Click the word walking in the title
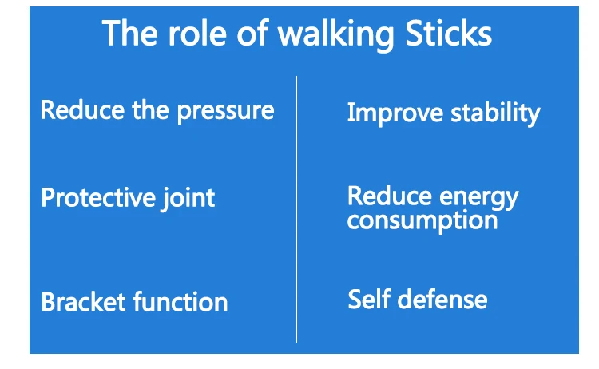pos(335,35)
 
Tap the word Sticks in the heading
pos(448,34)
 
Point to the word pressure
pos(225,112)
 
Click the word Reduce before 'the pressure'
pos(82,110)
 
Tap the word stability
pos(495,113)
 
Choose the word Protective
pos(98,198)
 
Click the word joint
pos(188,199)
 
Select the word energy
pos(479,198)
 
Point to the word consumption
pos(422,221)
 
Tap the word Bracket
pos(83,302)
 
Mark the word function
pos(180,302)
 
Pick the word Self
pos(370,299)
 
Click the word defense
pos(442,299)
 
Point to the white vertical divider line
pos(296,209)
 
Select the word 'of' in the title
pos(252,34)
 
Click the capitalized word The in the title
pos(130,34)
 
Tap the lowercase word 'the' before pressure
pos(150,110)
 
